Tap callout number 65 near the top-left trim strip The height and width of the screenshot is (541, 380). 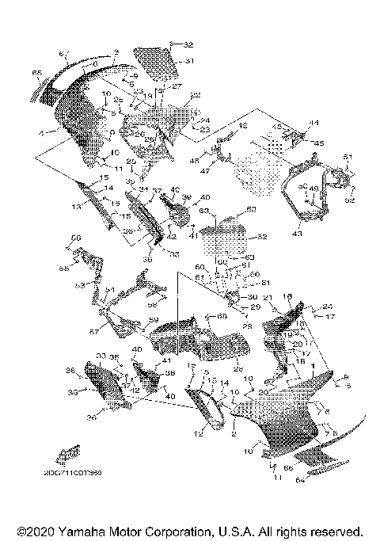point(36,73)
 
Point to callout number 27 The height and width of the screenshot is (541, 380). point(177,86)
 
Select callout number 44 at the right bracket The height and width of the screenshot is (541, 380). point(313,124)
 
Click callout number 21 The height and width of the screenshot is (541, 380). point(268,297)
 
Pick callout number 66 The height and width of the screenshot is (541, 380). point(287,468)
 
